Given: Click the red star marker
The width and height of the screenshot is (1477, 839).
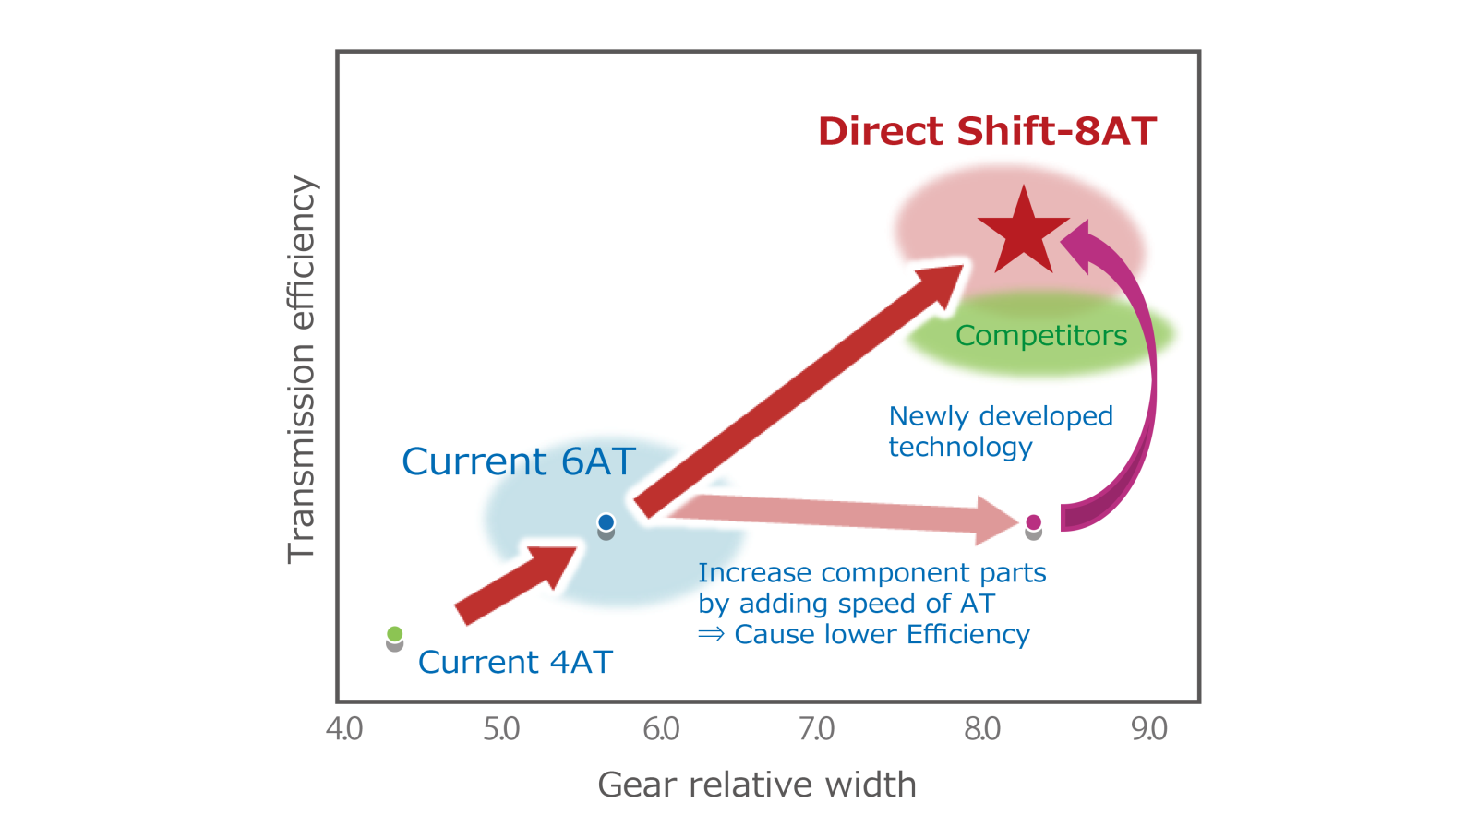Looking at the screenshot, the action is coord(1024,234).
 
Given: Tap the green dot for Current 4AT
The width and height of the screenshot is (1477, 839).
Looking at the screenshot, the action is coord(395,634).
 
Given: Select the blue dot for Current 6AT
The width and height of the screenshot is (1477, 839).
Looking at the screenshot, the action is coord(606,522).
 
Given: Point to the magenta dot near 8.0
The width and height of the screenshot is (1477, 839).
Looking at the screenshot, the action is coord(1033,522).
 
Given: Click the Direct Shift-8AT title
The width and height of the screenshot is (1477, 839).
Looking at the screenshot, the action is coord(987,130).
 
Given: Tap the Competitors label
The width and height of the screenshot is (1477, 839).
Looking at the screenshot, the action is coord(1041,336).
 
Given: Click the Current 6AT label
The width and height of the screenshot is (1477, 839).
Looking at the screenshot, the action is coord(519,461).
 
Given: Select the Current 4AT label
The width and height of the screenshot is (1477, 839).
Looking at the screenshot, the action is coord(516,662).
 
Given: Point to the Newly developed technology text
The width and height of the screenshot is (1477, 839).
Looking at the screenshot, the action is coord(1001,431).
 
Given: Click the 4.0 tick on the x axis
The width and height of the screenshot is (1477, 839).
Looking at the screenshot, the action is coord(344,729).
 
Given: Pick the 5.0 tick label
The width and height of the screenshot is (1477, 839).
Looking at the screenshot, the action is coord(501,729).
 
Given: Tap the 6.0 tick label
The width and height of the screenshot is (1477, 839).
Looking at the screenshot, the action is coord(661,729).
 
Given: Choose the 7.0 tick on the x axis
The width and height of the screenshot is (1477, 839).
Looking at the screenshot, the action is coord(816,729).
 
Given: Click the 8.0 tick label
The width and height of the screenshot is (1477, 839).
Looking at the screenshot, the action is coord(982,729).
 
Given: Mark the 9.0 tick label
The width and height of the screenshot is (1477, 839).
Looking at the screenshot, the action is coord(1149,729).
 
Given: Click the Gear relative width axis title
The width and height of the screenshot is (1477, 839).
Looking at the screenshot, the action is coord(757,785).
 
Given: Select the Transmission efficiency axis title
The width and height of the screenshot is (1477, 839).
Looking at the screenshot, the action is coord(301,370).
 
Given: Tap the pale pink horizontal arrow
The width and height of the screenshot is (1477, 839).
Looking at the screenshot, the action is coord(844,515).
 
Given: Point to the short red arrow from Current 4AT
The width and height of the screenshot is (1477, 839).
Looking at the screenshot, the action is coord(516,585).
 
